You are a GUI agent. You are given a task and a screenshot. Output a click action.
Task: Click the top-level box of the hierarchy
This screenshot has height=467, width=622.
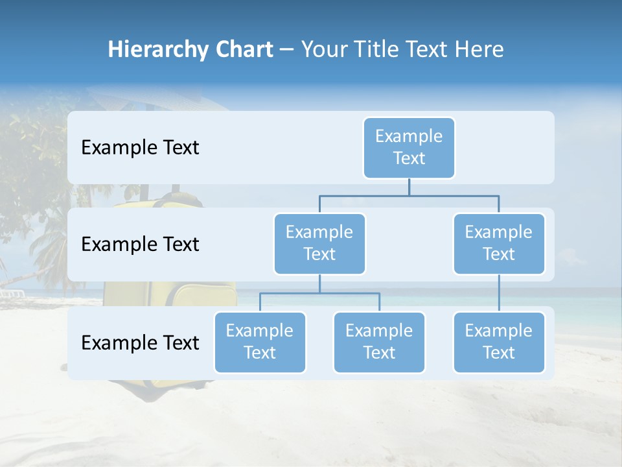(409, 147)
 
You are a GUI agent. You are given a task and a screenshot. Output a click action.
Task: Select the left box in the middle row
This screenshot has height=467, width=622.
(319, 243)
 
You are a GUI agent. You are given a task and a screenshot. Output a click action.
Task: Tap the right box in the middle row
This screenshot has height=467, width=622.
(499, 243)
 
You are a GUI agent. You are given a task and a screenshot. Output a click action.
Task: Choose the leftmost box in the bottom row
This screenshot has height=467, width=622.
(260, 342)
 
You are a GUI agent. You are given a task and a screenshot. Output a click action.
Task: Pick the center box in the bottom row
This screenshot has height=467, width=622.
(379, 342)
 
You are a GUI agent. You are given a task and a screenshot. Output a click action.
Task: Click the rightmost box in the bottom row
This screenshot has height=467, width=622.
(499, 342)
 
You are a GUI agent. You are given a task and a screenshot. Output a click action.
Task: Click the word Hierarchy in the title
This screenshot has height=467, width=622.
(155, 50)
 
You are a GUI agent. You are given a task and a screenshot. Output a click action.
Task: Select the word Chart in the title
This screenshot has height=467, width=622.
(241, 50)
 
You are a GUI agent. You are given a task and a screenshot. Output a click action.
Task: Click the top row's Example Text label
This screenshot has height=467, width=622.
(140, 148)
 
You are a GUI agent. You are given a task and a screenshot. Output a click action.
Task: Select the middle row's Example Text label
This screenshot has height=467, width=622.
(140, 245)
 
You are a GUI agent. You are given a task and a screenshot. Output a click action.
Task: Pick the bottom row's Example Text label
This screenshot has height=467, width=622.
(140, 342)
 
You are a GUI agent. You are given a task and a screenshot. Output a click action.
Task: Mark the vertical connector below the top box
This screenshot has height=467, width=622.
(409, 187)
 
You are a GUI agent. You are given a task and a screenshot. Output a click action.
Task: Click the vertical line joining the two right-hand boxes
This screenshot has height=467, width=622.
(499, 293)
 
